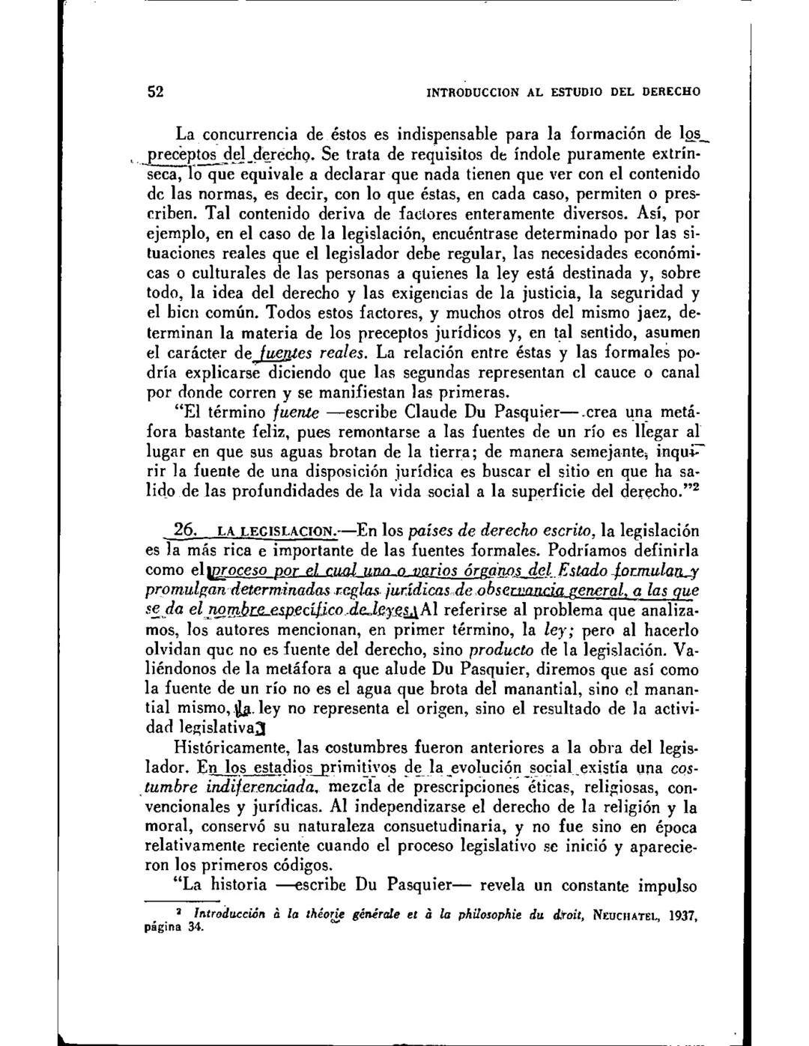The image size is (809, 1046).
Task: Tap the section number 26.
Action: tap(184, 531)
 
